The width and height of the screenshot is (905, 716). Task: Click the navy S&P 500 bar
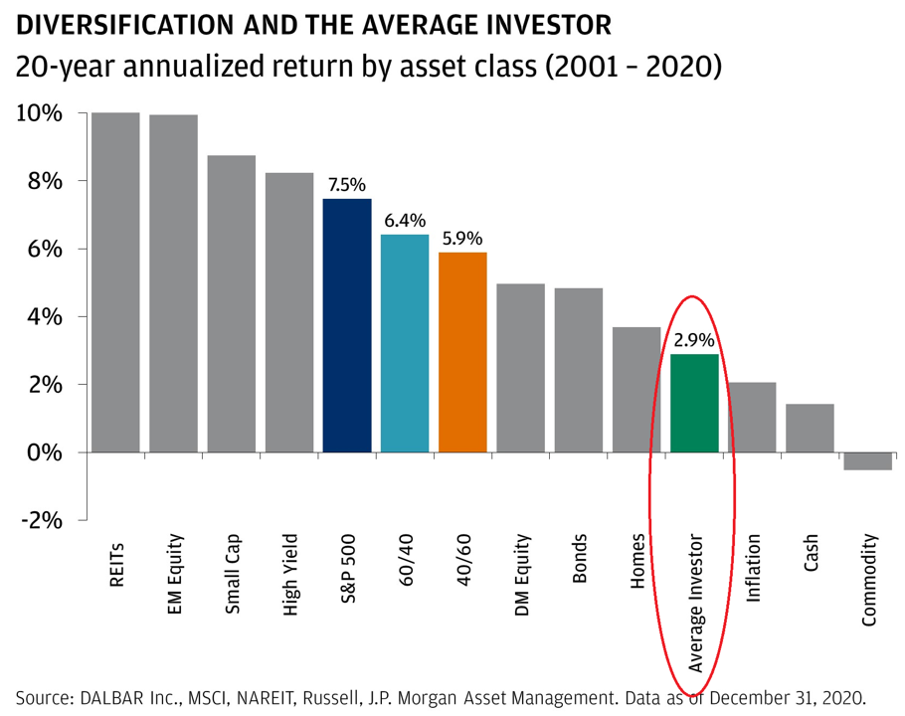[347, 325]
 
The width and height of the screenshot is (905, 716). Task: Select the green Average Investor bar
[694, 403]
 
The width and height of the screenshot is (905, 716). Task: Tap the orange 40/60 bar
[462, 352]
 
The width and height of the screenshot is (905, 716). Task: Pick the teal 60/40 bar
[405, 343]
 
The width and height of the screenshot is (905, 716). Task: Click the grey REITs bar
[115, 282]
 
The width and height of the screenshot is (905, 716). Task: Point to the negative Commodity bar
[867, 460]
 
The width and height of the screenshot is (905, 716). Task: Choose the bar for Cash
[810, 428]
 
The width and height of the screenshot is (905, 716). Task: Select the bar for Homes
[636, 389]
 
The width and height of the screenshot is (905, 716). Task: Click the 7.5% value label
[347, 185]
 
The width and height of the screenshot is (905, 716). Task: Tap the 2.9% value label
[694, 340]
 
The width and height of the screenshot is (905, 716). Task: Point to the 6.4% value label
[405, 221]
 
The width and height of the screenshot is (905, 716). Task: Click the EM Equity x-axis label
[175, 576]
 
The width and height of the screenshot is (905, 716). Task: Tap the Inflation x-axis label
[753, 569]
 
